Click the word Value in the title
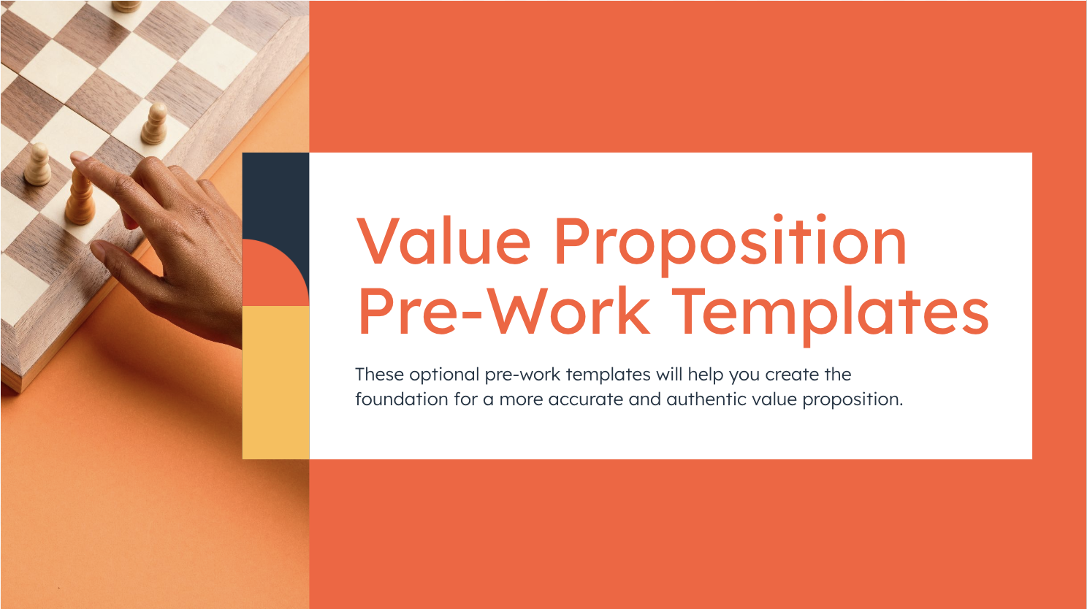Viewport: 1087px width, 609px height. tap(443, 241)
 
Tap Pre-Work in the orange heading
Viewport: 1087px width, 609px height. tap(503, 312)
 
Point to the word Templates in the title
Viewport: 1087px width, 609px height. tap(830, 313)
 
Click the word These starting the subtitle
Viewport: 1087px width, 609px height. tap(379, 375)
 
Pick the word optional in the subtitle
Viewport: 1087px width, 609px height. tap(444, 375)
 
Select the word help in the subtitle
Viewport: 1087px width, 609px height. tap(706, 375)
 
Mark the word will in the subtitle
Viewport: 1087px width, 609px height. tap(668, 375)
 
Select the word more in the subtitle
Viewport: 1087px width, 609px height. tap(521, 399)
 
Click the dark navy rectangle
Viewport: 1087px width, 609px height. tap(275, 194)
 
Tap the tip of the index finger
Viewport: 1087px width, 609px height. tap(77, 159)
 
